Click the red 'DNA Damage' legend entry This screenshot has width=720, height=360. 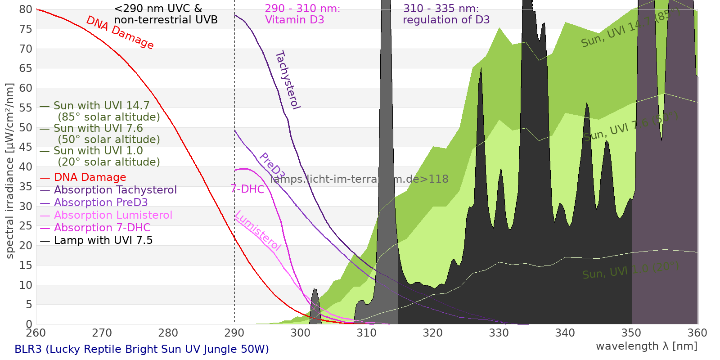[90, 177]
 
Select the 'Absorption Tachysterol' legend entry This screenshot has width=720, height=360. [115, 190]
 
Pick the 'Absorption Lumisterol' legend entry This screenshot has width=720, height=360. [113, 215]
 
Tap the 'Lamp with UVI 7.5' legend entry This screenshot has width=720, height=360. [103, 240]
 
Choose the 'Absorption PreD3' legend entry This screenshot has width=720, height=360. [101, 202]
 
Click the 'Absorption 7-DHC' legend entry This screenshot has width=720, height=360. [102, 228]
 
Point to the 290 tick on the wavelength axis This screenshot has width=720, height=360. [234, 333]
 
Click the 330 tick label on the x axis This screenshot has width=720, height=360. [499, 333]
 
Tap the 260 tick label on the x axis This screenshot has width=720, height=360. [36, 333]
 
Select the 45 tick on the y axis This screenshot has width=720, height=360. [26, 147]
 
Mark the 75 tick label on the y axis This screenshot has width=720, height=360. [26, 29]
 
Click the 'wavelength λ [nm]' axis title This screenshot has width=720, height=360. [647, 346]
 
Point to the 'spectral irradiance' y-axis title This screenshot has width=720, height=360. [10, 171]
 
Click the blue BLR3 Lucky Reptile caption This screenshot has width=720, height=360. [142, 349]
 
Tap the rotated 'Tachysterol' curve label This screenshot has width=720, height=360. [287, 80]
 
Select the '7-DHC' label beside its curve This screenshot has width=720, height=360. [247, 189]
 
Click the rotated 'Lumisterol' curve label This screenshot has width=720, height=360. [258, 230]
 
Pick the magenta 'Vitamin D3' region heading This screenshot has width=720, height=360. [295, 20]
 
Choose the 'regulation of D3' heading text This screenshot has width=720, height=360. [446, 20]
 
